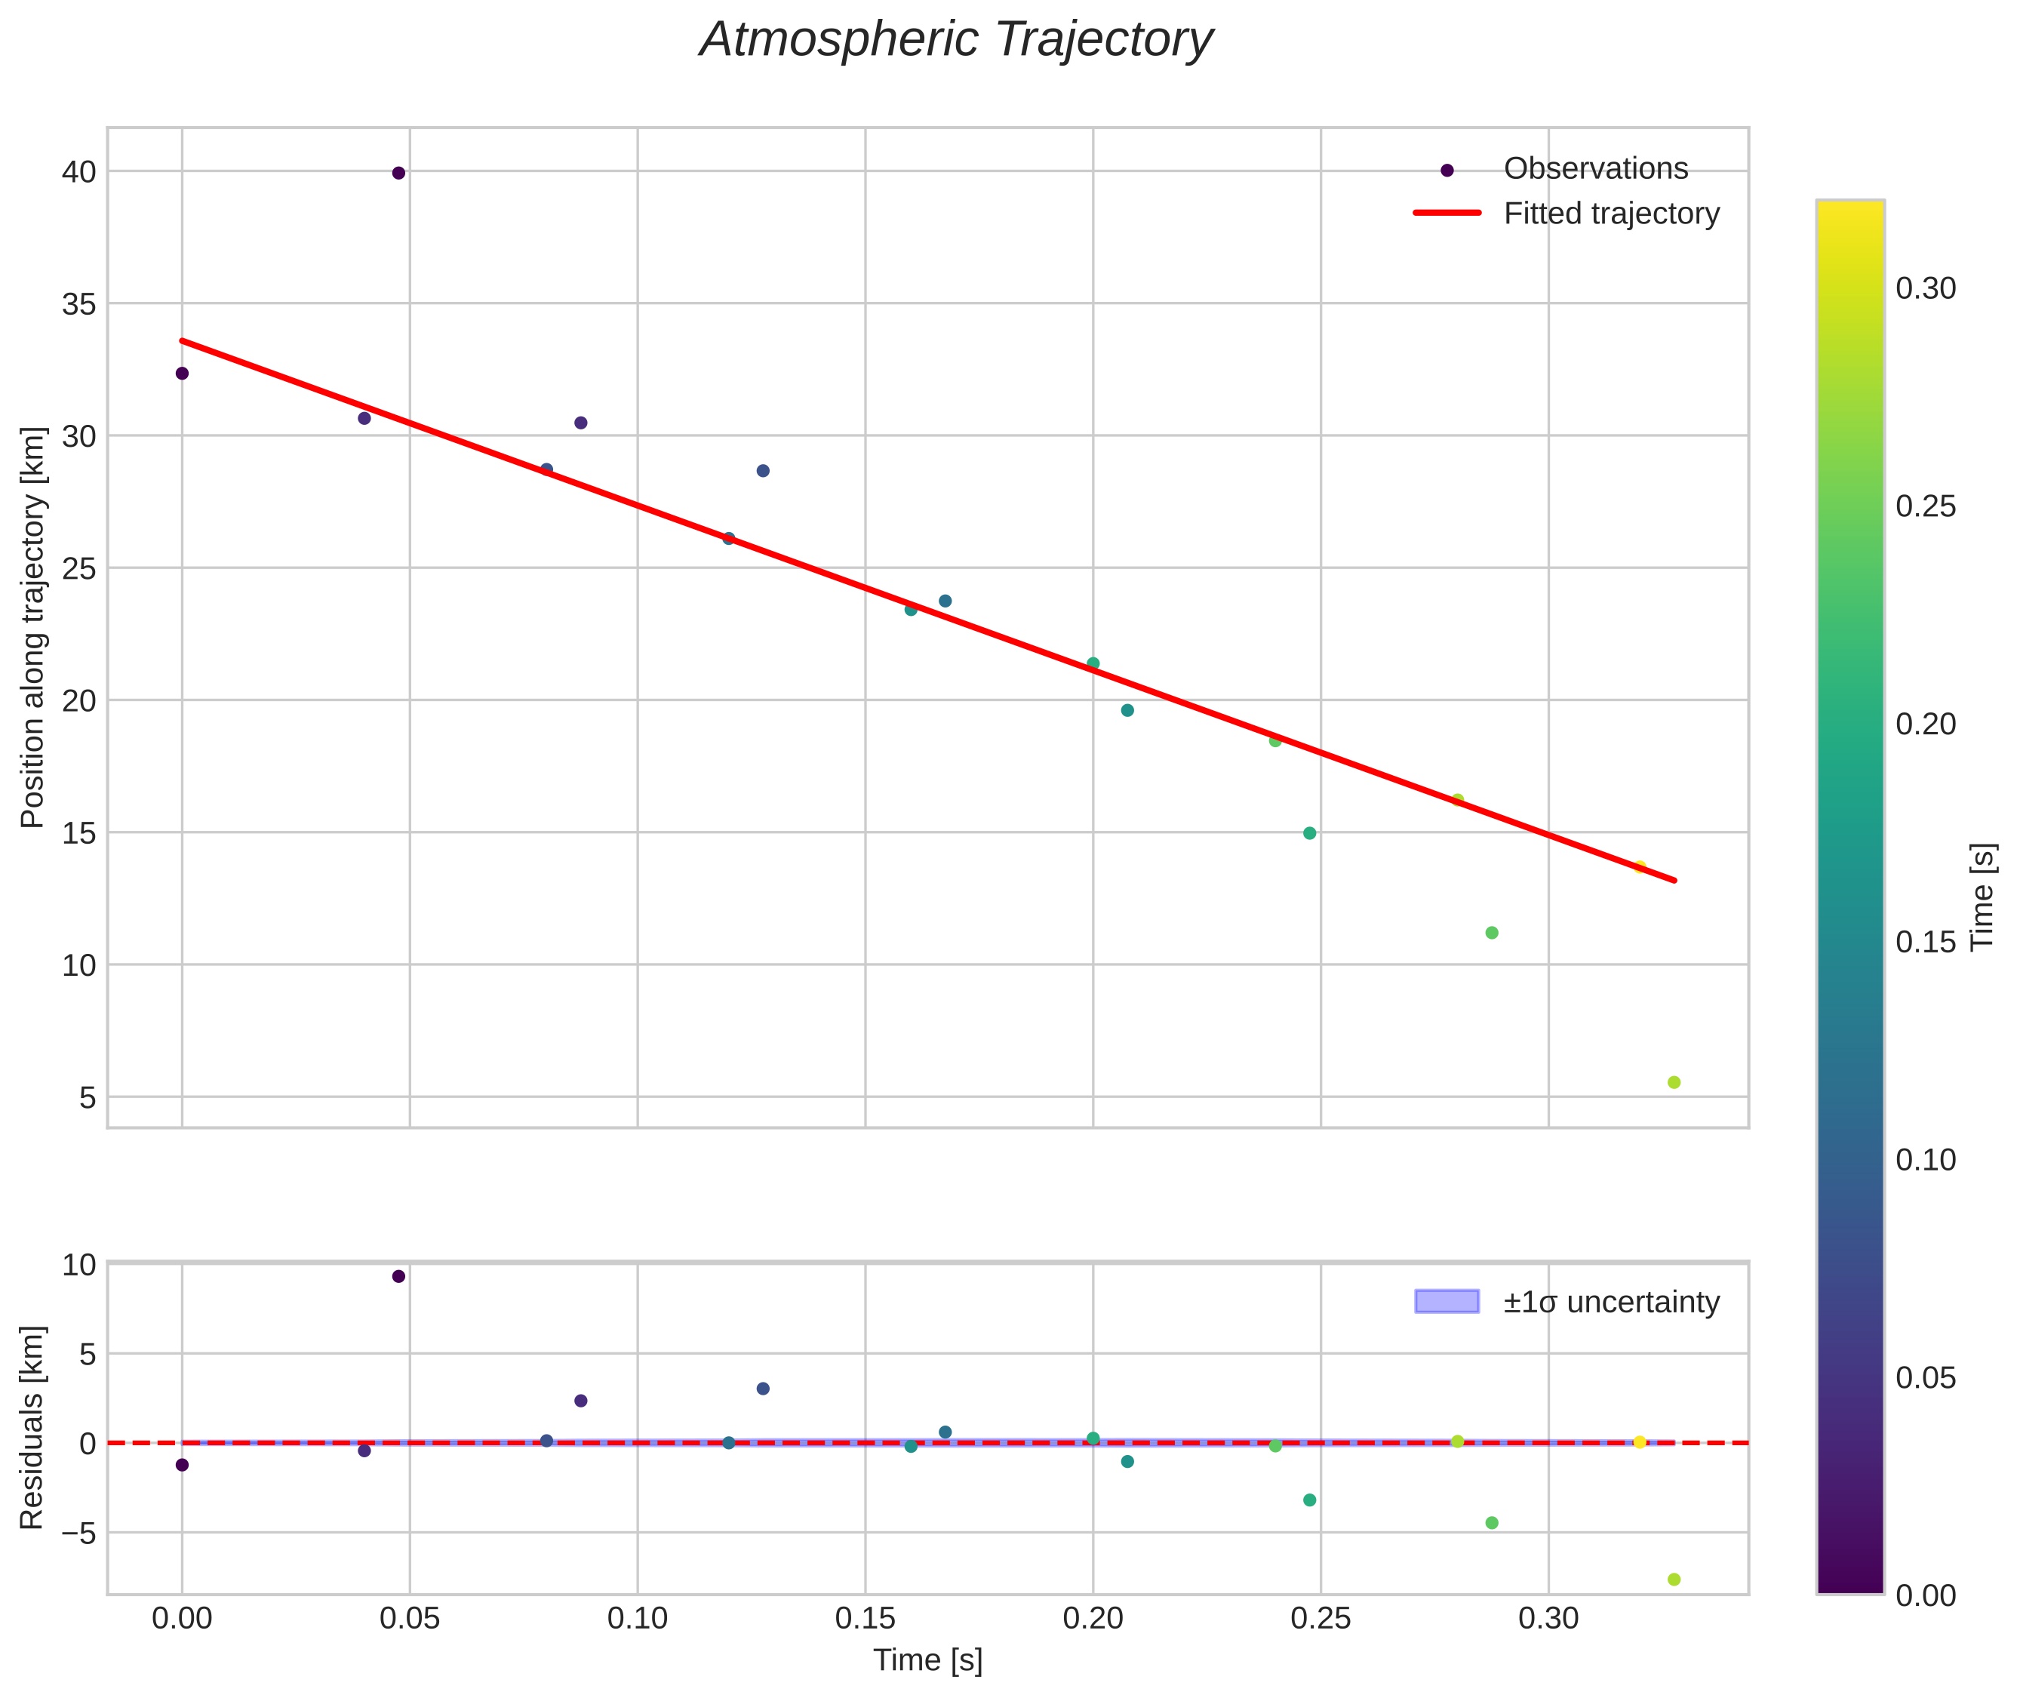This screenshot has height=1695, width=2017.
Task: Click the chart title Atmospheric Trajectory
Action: (x=956, y=40)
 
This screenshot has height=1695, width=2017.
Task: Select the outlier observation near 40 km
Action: (x=398, y=173)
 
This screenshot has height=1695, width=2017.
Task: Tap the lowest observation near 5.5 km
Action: (x=1674, y=1083)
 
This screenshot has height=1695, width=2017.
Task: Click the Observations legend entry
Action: (x=1595, y=169)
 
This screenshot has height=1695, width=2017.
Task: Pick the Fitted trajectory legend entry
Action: (x=1612, y=214)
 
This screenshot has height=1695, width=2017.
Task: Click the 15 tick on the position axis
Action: (x=80, y=833)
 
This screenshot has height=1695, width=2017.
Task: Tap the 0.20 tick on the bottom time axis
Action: (x=1093, y=1619)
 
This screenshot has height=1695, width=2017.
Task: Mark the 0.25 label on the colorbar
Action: (x=1926, y=506)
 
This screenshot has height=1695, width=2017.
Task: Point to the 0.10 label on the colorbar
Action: (x=1926, y=1160)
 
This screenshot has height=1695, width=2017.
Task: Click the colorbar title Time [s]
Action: (x=1983, y=897)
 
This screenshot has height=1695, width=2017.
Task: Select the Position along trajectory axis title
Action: (x=34, y=627)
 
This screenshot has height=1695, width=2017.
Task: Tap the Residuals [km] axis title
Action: (x=34, y=1427)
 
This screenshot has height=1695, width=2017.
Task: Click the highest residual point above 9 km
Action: (x=398, y=1277)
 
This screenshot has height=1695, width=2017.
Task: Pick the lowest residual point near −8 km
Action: (x=1674, y=1580)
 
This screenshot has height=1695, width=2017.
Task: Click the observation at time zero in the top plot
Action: (x=182, y=374)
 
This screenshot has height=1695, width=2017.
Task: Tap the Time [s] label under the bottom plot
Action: (x=927, y=1660)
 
